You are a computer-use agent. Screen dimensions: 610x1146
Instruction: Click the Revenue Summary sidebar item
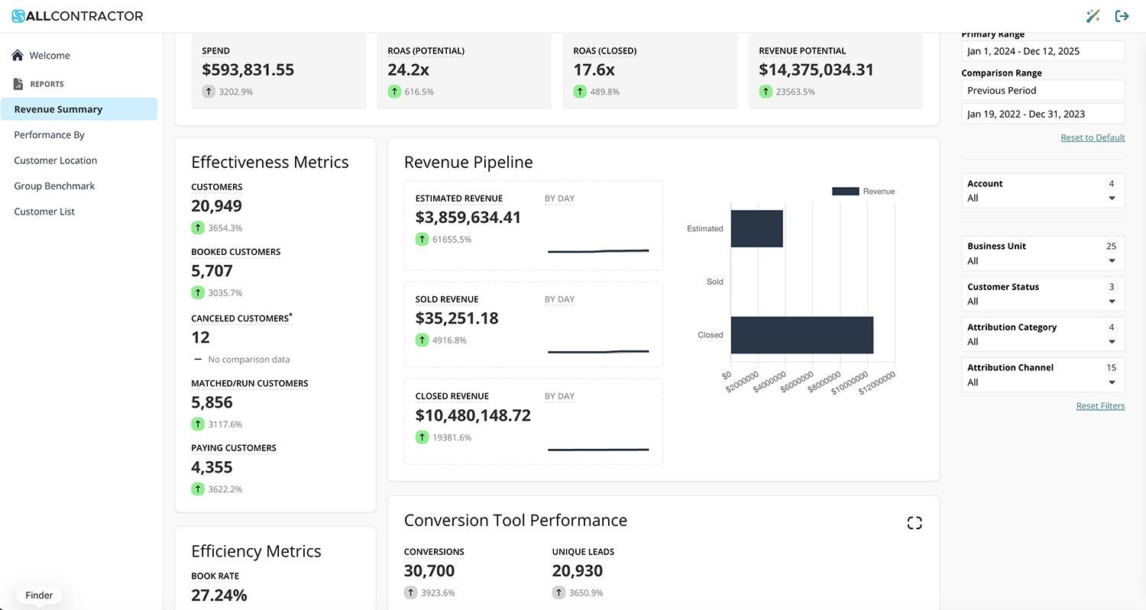58,109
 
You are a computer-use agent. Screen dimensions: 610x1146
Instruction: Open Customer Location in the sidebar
55,160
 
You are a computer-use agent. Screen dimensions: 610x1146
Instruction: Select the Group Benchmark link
54,186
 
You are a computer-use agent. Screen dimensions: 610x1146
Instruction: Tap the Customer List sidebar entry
44,211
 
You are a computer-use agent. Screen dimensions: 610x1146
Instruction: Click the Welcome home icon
18,55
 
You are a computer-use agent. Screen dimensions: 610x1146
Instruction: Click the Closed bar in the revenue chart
801,335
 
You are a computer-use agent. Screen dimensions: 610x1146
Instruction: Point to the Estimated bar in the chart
756,228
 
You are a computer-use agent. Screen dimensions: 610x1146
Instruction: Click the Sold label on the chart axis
714,282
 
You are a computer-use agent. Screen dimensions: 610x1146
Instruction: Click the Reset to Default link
1093,137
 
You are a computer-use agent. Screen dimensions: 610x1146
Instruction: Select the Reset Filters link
1100,406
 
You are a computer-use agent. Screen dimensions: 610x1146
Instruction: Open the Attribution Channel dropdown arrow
1112,382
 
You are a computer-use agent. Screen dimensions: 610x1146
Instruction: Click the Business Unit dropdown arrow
1112,261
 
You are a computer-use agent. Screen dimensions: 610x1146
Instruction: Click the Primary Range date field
1042,51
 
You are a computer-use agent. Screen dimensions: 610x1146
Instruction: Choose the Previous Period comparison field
1042,90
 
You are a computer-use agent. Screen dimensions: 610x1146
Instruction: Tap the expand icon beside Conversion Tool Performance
915,523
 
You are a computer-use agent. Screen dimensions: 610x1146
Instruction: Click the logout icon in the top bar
1122,16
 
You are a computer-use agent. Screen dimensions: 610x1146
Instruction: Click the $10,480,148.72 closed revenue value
473,415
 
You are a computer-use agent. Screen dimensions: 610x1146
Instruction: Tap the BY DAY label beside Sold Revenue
559,299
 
